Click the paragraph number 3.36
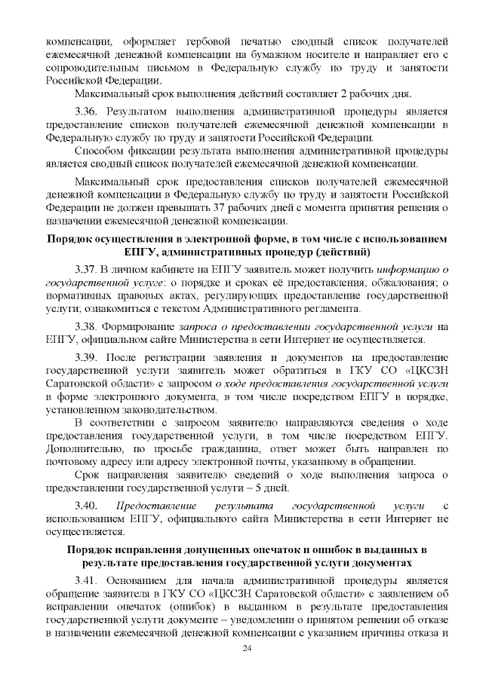point(88,110)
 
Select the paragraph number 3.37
point(88,269)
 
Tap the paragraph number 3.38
point(88,326)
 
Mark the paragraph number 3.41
point(88,580)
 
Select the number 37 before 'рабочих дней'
point(241,207)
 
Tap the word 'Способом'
point(102,150)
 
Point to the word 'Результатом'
point(143,110)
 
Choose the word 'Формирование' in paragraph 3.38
point(139,326)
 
